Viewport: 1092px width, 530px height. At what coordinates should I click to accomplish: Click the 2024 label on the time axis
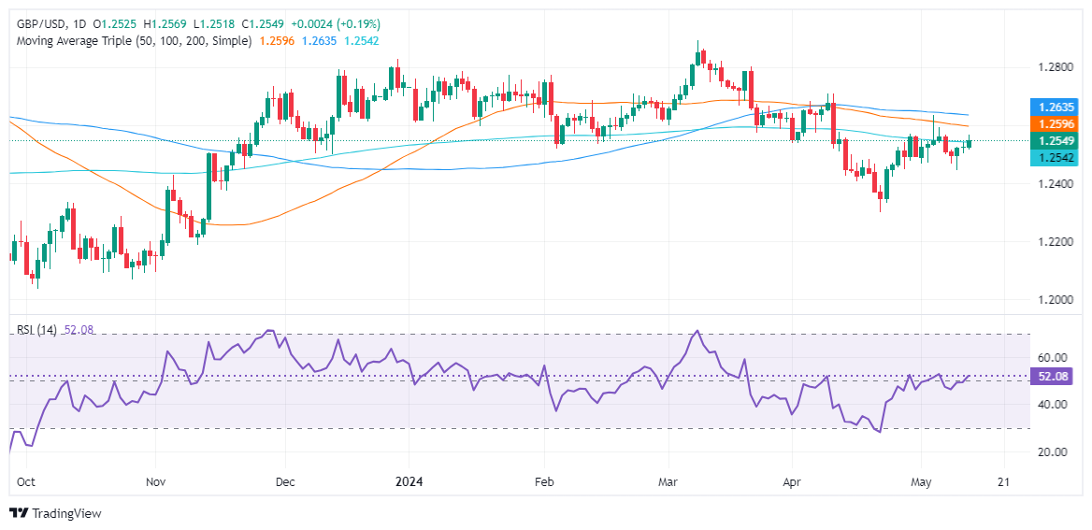pyautogui.click(x=409, y=482)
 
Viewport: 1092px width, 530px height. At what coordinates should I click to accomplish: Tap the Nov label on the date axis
pyautogui.click(x=156, y=482)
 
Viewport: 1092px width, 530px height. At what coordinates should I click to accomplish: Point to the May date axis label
pyautogui.click(x=922, y=482)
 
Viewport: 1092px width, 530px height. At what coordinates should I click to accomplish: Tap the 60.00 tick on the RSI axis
pyautogui.click(x=1052, y=357)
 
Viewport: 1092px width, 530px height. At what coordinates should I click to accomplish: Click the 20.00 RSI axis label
pyautogui.click(x=1052, y=451)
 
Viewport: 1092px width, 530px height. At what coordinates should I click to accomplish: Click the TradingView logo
pyautogui.click(x=55, y=513)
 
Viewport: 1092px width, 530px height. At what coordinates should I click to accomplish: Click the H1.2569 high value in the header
pyautogui.click(x=186, y=23)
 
